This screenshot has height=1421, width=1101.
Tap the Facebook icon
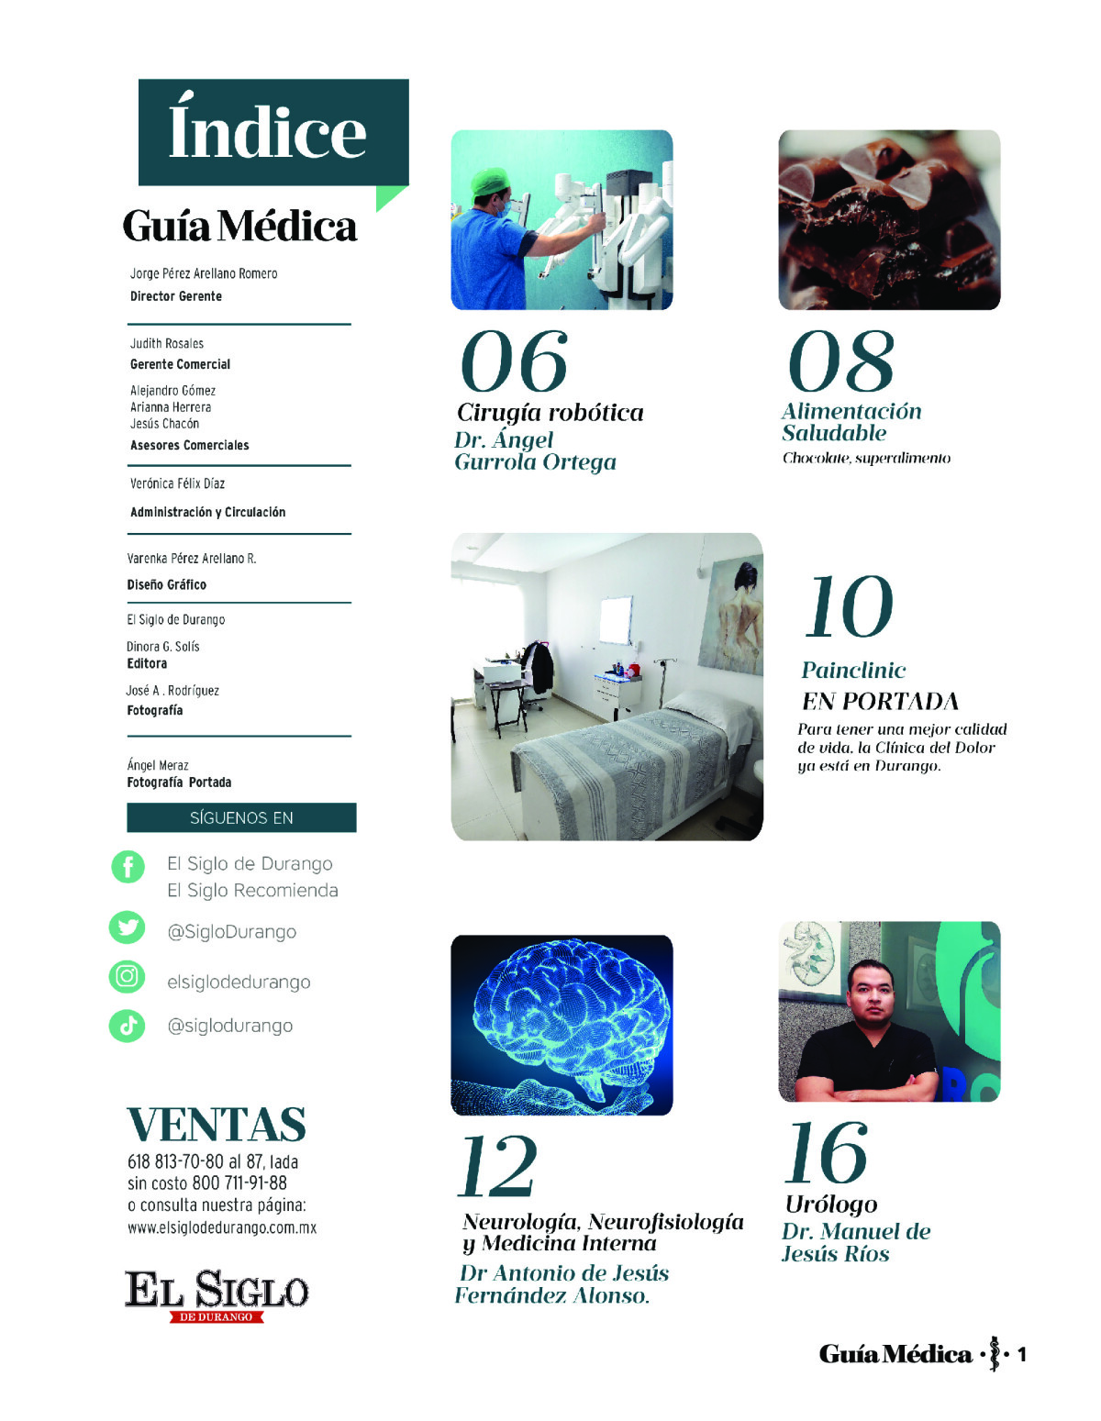click(128, 866)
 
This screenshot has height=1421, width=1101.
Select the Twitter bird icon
click(128, 927)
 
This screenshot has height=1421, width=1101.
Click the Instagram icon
click(128, 976)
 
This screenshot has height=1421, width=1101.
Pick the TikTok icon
click(128, 1026)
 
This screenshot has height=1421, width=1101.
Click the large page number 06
click(514, 361)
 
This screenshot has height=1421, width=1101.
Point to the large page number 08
click(841, 361)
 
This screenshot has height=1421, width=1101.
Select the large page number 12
click(497, 1167)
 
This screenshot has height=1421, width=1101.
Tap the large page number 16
click(827, 1153)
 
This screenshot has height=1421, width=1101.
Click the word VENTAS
click(217, 1125)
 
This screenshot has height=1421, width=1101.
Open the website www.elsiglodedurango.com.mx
click(222, 1227)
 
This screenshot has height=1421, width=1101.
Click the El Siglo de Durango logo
click(217, 1293)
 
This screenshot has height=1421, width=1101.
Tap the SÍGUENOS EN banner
click(241, 817)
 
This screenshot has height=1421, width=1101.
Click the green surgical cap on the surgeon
click(490, 181)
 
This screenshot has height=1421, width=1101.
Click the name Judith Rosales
click(167, 343)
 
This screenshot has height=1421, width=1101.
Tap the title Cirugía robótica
click(550, 413)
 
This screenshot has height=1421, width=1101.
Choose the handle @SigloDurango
click(231, 932)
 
